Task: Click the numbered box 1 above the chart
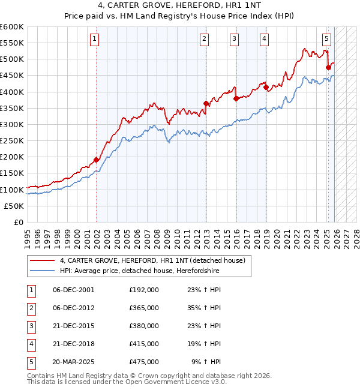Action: (95, 40)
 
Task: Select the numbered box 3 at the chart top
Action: (234, 40)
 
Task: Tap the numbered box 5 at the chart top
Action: (326, 40)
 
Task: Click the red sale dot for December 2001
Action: (96, 160)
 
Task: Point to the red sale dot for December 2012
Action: (206, 103)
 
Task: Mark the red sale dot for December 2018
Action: (265, 87)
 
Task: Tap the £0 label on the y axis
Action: (18, 222)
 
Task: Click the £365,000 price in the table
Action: (144, 308)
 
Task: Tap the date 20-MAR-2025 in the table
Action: (73, 362)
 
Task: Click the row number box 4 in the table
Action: (31, 344)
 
